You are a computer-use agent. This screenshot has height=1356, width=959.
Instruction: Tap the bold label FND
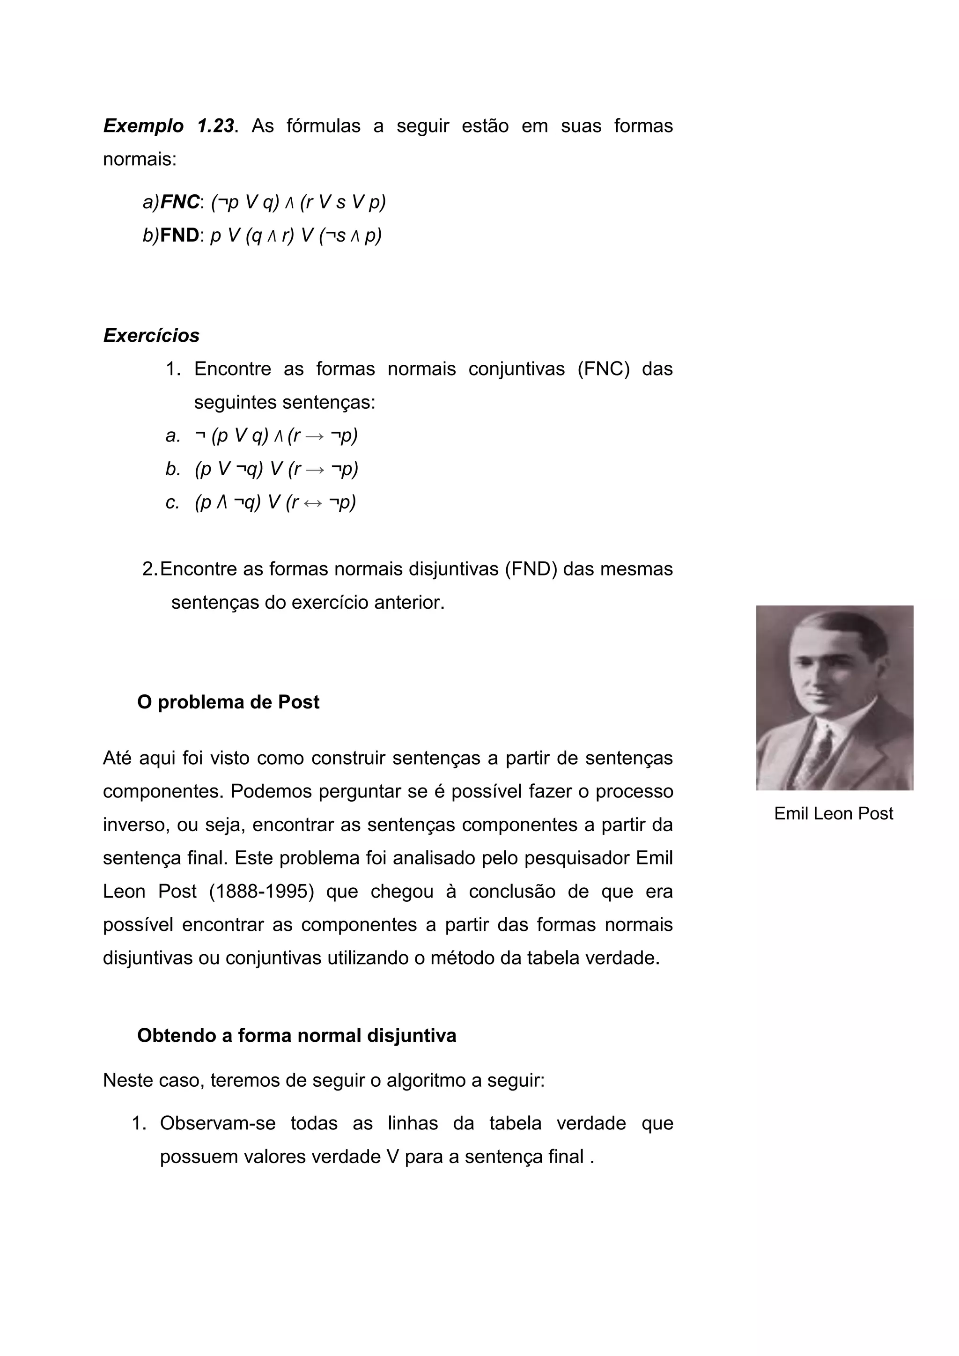coord(179,235)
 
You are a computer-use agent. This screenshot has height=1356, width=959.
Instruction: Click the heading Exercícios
coord(151,335)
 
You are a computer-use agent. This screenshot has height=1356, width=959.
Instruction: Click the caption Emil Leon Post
coord(833,814)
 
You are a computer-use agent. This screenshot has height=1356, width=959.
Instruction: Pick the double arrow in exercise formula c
coord(312,503)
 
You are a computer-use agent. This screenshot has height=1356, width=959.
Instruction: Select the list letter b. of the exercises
coord(172,470)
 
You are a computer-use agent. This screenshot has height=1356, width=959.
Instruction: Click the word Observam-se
coord(217,1123)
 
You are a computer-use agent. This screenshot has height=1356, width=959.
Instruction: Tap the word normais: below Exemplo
coord(140,160)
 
